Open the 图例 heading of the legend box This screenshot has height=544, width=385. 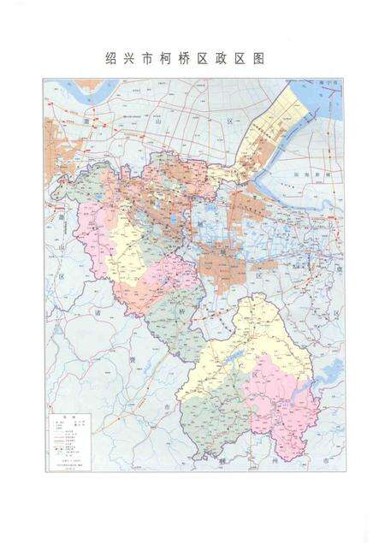point(63,411)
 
